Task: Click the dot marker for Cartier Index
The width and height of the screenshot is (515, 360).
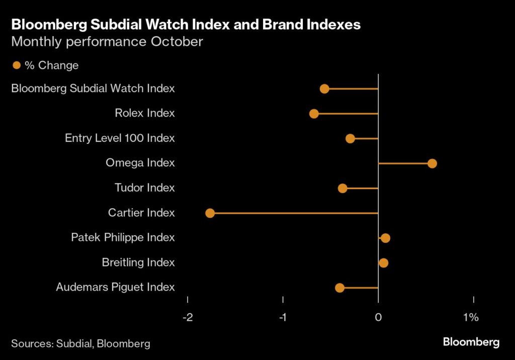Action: click(x=210, y=213)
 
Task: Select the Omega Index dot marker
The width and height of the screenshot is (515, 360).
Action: click(x=432, y=163)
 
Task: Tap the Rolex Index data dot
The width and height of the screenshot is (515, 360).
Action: click(x=314, y=114)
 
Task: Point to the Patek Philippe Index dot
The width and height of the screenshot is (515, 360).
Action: click(x=385, y=238)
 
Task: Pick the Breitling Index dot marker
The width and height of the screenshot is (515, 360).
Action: click(x=384, y=263)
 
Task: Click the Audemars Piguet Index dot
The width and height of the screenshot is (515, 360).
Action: click(x=339, y=288)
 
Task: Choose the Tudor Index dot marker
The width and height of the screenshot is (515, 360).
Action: click(x=342, y=188)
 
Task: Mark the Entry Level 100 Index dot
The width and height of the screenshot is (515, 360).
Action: click(x=350, y=138)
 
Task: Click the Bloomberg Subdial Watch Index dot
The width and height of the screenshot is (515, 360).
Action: click(x=324, y=89)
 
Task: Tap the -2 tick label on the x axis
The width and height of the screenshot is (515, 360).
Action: click(x=188, y=317)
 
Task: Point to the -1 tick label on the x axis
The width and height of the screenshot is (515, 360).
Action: click(x=283, y=317)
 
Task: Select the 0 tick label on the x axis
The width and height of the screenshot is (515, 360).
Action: click(x=378, y=317)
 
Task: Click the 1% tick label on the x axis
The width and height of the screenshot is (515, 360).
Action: click(x=471, y=317)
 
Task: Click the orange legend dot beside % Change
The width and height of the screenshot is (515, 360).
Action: click(x=17, y=65)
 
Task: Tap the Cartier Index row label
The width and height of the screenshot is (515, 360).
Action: click(x=141, y=213)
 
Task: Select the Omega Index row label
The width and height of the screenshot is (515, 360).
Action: click(x=140, y=163)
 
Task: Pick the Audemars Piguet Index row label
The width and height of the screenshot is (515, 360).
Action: click(x=115, y=288)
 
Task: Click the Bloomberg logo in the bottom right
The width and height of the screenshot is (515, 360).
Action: click(x=471, y=342)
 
